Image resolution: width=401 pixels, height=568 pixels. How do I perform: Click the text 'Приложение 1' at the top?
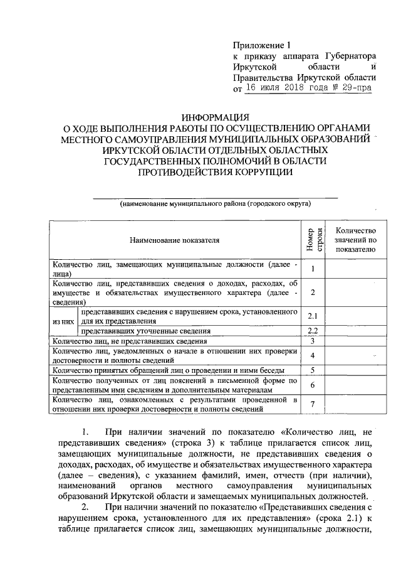(263, 45)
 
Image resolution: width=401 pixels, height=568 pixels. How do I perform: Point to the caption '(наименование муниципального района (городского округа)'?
(215, 205)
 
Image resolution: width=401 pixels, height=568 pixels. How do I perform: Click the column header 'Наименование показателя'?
(175, 240)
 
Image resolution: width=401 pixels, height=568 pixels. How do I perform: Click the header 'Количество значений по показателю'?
(355, 240)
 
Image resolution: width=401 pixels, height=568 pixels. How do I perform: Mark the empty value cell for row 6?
(355, 385)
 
